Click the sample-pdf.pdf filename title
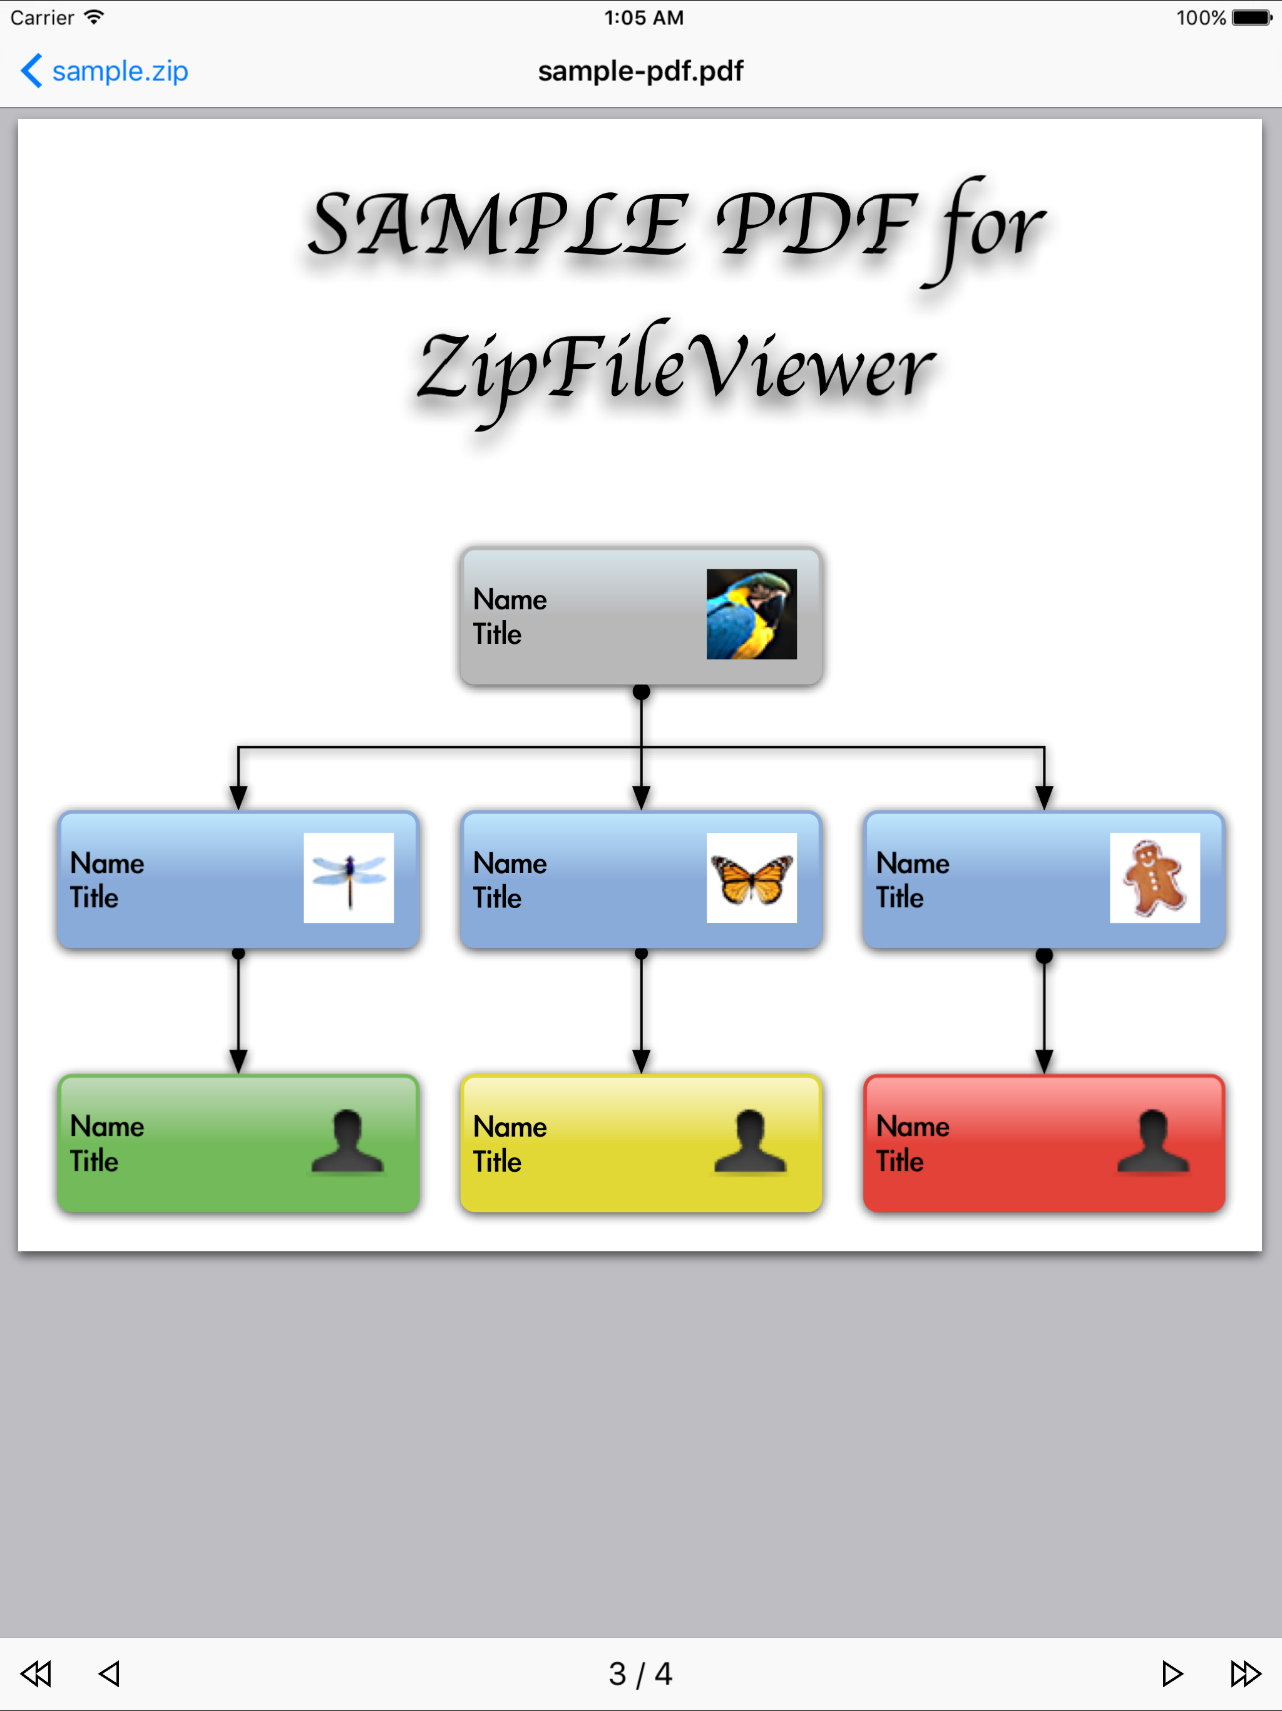(640, 71)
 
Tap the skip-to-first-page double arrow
(36, 1673)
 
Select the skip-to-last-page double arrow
(1245, 1673)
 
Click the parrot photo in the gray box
(751, 614)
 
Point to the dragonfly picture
(349, 877)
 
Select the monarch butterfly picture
(751, 878)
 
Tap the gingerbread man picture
(1154, 878)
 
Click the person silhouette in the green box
(347, 1142)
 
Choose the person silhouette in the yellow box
(750, 1142)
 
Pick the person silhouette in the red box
(1153, 1142)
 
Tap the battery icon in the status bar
(1251, 18)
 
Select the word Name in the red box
(913, 1126)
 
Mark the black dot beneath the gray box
(641, 691)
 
